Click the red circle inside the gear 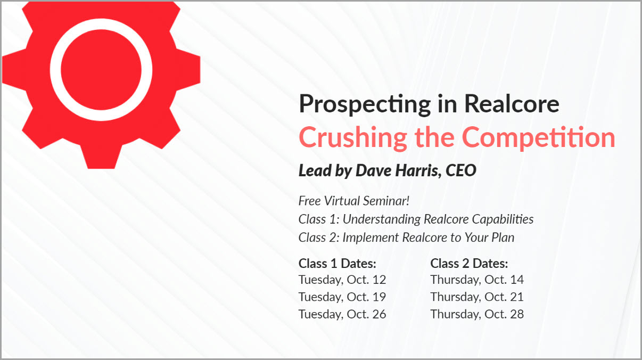point(101,70)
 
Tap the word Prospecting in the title point(365,104)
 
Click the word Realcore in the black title point(512,104)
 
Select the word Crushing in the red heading point(353,138)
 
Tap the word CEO point(461,170)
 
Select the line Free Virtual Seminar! point(354,201)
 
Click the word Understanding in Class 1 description point(382,219)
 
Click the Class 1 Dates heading point(338,264)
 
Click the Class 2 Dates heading point(469,264)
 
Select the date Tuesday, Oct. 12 point(342,280)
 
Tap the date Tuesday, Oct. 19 point(342,297)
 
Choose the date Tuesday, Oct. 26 point(342,314)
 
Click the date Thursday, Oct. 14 point(477,280)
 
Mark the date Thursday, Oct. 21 point(477,297)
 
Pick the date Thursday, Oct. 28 point(477,314)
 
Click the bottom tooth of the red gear point(101,157)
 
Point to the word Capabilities point(503,219)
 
